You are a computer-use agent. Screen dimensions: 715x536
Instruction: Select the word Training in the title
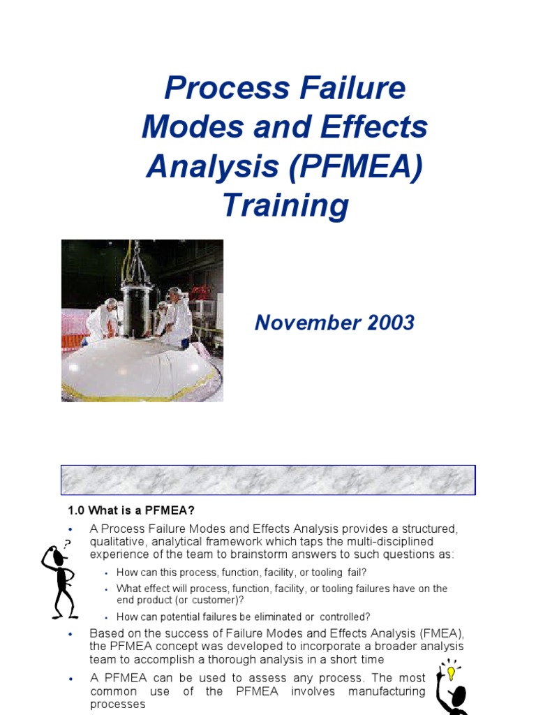point(285,206)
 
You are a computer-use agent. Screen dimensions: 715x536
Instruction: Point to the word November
point(300,323)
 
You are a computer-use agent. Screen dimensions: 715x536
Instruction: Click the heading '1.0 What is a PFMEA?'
point(137,509)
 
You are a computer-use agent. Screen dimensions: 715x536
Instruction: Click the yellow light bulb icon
point(451,673)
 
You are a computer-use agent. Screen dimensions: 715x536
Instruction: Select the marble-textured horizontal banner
point(268,480)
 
